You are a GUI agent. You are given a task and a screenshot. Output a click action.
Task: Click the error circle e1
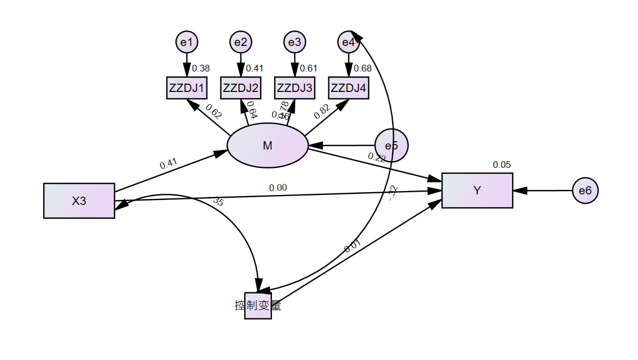[187, 42]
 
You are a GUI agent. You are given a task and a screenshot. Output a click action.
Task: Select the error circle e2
[241, 42]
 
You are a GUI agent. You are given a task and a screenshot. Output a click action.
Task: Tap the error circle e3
[295, 42]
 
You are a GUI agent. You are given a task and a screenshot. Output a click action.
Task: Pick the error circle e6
[585, 191]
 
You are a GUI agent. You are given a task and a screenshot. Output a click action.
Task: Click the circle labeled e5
[392, 146]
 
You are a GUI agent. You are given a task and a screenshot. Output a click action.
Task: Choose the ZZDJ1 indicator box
[187, 88]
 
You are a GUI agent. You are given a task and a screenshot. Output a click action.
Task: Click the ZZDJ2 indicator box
[241, 88]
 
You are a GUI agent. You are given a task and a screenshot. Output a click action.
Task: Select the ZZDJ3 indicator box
[295, 88]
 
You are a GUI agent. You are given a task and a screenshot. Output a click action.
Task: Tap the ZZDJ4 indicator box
[348, 88]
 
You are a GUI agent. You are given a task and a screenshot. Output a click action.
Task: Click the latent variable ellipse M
[267, 146]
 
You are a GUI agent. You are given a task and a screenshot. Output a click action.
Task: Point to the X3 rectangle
[79, 200]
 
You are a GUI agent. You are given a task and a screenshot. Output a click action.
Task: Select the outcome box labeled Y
[477, 191]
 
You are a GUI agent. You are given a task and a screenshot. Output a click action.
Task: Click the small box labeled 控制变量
[258, 306]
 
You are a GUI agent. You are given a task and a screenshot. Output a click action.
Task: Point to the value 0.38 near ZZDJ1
[200, 69]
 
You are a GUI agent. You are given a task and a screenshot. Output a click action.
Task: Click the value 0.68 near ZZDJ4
[362, 69]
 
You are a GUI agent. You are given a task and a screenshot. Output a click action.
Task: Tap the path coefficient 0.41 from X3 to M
[168, 164]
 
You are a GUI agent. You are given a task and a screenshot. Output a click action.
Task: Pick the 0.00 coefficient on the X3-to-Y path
[278, 188]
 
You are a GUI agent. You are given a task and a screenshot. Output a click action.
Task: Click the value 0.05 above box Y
[502, 164]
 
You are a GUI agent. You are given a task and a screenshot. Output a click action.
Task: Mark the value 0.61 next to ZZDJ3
[308, 69]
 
